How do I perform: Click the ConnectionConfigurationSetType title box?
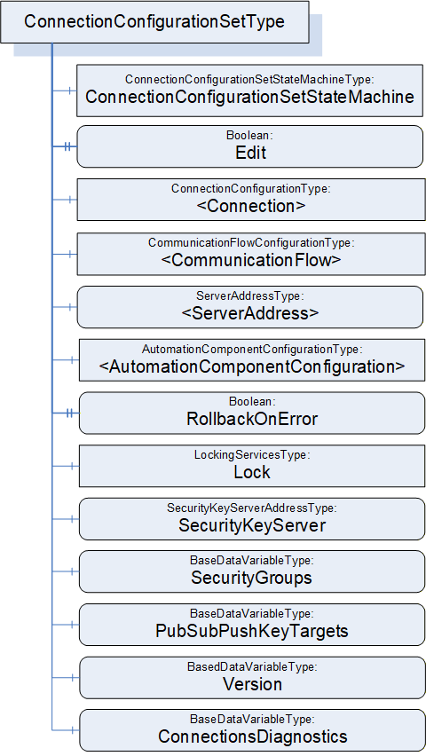(154, 22)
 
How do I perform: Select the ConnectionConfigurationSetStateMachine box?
(250, 91)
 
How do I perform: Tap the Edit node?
(250, 146)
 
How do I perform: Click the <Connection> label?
(251, 206)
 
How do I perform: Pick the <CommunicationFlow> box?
(251, 254)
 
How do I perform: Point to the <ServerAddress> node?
(250, 307)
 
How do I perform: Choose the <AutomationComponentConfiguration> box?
(252, 360)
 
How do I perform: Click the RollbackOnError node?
(252, 413)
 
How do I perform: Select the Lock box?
(252, 466)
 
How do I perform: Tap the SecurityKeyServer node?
(252, 519)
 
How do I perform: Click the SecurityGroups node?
(252, 571)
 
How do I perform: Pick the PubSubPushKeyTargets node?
(252, 625)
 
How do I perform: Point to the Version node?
(252, 678)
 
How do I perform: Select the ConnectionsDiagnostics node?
(252, 730)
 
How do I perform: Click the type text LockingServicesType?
(252, 454)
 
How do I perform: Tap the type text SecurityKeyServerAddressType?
(252, 508)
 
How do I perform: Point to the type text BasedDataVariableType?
(252, 666)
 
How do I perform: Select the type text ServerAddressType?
(250, 296)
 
